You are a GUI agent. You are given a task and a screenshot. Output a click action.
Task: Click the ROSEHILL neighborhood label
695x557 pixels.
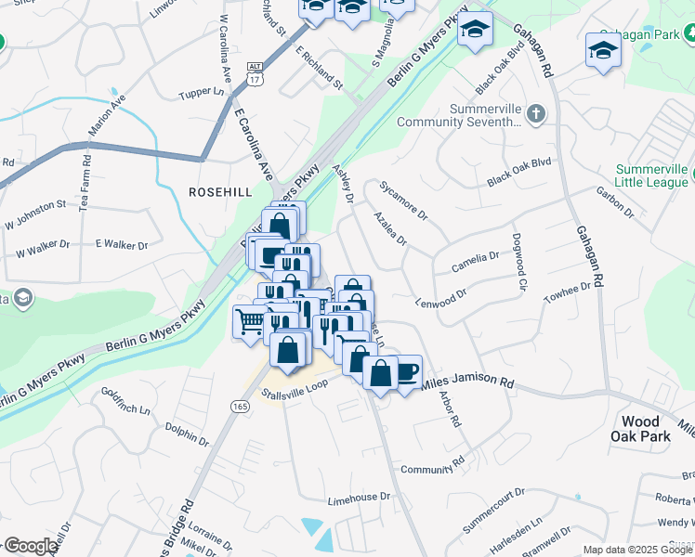(219, 190)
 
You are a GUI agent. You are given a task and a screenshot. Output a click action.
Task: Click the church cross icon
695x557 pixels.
(534, 114)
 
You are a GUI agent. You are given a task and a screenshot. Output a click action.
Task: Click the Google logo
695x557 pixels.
(30, 546)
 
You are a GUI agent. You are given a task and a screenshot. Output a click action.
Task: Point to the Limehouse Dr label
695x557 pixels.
(359, 499)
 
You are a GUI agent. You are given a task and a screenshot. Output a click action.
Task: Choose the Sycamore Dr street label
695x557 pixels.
(402, 201)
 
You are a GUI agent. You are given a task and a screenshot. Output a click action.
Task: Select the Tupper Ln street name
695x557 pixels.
(202, 93)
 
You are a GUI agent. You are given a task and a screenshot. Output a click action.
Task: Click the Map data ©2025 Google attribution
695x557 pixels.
(636, 550)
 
